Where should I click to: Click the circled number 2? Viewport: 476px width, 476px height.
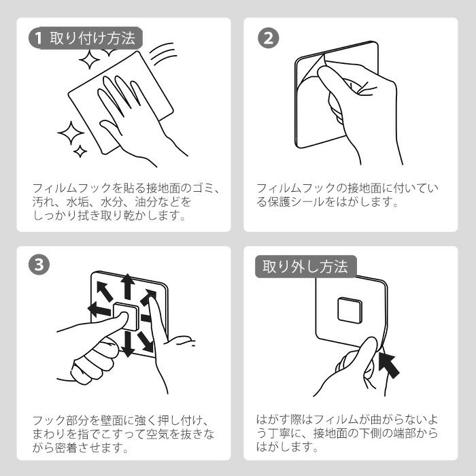click(268, 38)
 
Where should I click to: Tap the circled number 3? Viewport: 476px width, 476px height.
click(39, 265)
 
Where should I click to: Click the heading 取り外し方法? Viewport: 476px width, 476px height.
click(305, 267)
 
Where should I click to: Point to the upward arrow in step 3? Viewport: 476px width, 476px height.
click(128, 286)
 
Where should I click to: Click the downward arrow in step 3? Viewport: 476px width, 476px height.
click(128, 344)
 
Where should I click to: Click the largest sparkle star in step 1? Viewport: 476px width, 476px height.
click(71, 133)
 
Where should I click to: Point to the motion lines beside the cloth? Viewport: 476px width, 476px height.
click(163, 53)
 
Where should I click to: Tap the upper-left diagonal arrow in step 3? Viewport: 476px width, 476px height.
click(105, 292)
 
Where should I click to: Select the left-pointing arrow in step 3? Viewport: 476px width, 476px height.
click(99, 309)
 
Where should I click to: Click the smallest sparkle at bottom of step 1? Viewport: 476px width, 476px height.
click(80, 151)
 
